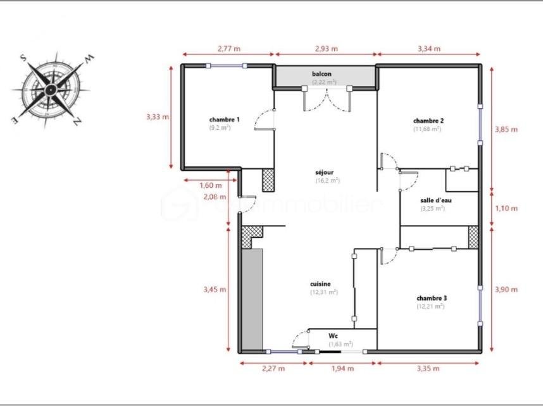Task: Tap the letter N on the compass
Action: [x=77, y=121]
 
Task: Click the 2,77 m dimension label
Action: [x=228, y=48]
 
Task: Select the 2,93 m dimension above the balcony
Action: [x=325, y=48]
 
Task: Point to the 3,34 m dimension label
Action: [x=429, y=48]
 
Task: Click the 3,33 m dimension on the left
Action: [x=157, y=116]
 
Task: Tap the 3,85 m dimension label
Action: [x=506, y=129]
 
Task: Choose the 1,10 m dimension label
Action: [x=506, y=208]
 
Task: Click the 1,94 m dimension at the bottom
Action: [x=342, y=368]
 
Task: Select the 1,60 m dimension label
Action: [x=211, y=185]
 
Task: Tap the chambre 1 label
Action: [x=224, y=120]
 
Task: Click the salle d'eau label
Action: [x=436, y=200]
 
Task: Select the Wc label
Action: [x=333, y=336]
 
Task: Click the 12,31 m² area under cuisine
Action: [x=323, y=292]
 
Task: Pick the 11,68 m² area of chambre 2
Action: [x=427, y=129]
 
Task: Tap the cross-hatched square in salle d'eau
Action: [x=473, y=236]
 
